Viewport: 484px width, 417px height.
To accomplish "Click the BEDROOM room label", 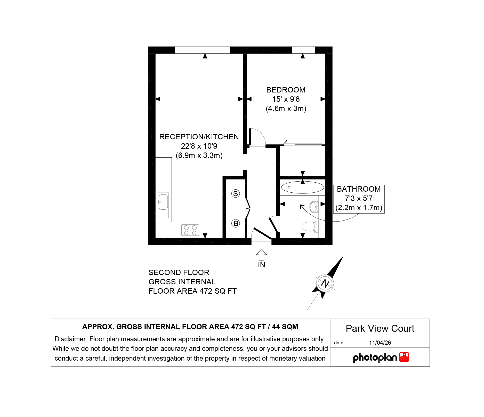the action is [x=286, y=90].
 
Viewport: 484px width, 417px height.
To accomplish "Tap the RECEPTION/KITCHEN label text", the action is [x=199, y=137].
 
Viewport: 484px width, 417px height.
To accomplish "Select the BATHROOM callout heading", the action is [x=359, y=189].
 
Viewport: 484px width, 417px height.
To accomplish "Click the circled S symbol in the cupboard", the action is [x=236, y=193].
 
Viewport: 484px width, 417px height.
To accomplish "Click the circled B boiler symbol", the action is [x=236, y=223].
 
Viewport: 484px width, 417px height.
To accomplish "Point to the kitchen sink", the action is [x=163, y=205].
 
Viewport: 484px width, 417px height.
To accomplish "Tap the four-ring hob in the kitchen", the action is [x=190, y=230].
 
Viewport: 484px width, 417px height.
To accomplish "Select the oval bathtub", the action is [x=302, y=187].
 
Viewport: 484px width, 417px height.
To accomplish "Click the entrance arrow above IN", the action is [x=261, y=255].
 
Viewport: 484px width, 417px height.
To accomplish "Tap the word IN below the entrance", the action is [x=261, y=265].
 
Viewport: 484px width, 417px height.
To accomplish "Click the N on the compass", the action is [x=325, y=283].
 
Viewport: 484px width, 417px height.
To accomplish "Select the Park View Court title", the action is [x=380, y=328].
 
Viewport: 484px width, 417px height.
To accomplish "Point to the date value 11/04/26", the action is [x=380, y=343].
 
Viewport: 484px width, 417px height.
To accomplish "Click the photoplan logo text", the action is [x=375, y=358].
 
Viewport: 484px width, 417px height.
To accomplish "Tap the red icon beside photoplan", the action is [x=404, y=357].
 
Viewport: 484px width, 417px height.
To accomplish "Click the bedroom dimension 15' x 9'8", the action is [x=286, y=99].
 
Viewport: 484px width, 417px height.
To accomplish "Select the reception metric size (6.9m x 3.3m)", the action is [x=199, y=155].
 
